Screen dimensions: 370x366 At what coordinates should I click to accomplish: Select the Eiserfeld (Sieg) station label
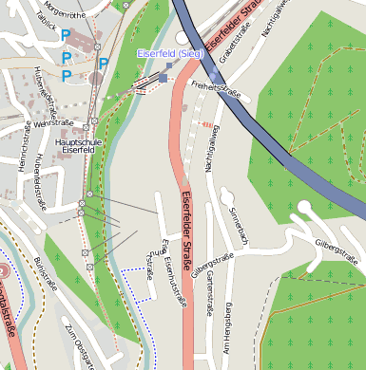(170, 52)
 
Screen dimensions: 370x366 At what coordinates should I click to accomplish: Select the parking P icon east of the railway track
(103, 65)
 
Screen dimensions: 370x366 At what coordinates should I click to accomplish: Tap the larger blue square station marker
(164, 79)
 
